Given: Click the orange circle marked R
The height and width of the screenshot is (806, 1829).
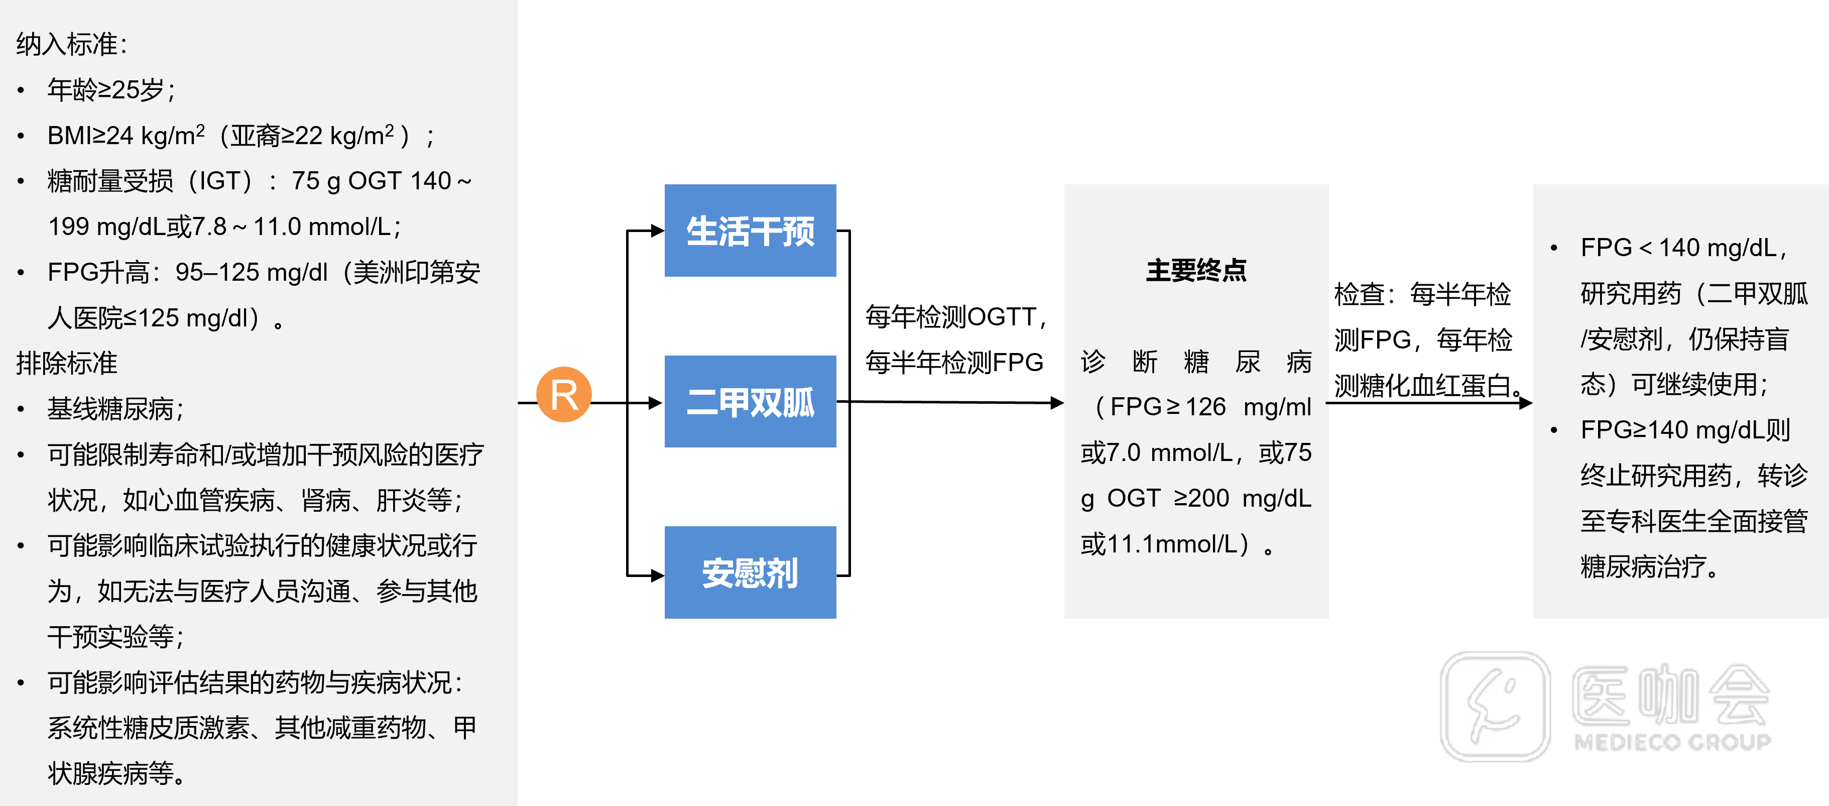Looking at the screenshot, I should tap(564, 394).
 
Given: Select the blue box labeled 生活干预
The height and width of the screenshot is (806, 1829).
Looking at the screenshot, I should tap(750, 231).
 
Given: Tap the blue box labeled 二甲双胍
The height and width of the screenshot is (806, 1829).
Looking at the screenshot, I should tap(750, 401).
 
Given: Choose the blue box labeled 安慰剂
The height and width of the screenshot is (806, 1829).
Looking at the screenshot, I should tap(750, 572).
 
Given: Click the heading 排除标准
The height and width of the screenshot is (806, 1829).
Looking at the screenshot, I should tap(67, 363).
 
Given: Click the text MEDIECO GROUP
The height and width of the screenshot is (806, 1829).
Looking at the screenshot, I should tap(1672, 743).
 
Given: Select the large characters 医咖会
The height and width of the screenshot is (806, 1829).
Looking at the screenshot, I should tap(1670, 696).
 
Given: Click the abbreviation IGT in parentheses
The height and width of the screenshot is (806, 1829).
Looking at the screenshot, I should tap(223, 181).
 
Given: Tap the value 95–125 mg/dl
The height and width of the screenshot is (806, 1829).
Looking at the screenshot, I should tap(252, 272).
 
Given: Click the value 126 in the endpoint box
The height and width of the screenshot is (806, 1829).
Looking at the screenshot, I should tap(1205, 407).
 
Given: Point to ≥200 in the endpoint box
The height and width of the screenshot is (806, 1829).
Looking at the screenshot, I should tap(1202, 499).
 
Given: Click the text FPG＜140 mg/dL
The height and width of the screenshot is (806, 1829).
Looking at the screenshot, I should tap(1679, 248).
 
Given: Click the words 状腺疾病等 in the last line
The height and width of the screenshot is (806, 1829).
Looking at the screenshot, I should tap(110, 773).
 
